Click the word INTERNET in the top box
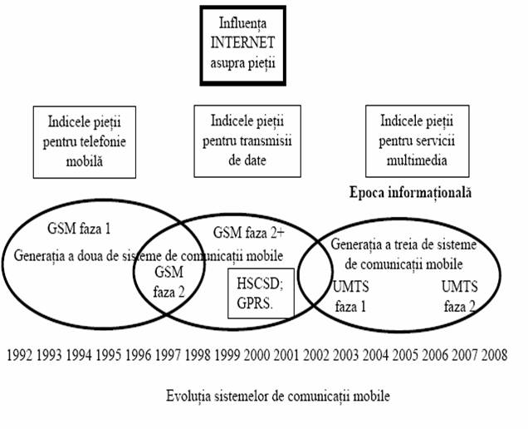coord(242,43)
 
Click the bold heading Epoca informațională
coord(410,193)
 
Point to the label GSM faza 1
coord(79,229)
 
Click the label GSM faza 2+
coord(249,233)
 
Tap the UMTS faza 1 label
coord(351,297)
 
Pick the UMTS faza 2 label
coord(460,297)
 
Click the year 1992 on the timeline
coord(20,355)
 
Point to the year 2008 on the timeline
coord(494,355)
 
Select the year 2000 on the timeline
coord(257,355)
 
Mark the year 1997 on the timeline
coord(168,355)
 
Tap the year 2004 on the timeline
coord(375,355)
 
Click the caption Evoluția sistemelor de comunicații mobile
coord(278,396)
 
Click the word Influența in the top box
coord(242,23)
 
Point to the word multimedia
coord(417,160)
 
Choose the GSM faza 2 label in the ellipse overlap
coord(169,282)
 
